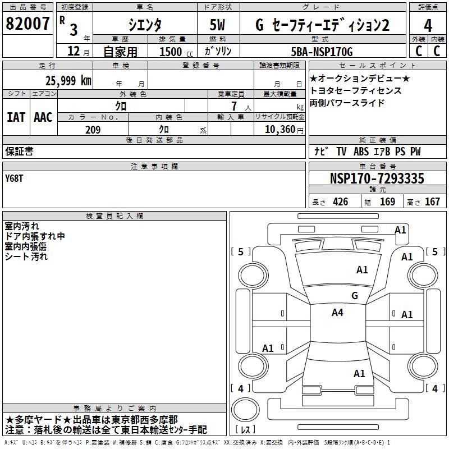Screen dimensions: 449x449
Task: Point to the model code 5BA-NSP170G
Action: (323, 52)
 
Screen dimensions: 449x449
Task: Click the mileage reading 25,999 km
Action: (68, 80)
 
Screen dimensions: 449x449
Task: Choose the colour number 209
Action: (92, 130)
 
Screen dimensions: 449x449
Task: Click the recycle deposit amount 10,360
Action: (278, 130)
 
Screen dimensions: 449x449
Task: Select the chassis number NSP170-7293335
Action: (377, 179)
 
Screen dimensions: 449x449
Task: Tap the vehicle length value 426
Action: (340, 202)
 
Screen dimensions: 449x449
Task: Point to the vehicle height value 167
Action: (432, 202)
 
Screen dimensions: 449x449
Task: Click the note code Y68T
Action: (15, 179)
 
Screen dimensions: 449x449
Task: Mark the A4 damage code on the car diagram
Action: (337, 313)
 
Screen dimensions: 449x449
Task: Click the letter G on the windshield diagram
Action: (355, 295)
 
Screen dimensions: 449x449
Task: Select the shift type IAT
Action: (16, 117)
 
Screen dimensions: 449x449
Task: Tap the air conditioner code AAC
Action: (43, 117)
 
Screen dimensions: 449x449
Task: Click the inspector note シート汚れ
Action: (26, 256)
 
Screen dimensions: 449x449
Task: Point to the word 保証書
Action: (19, 151)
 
